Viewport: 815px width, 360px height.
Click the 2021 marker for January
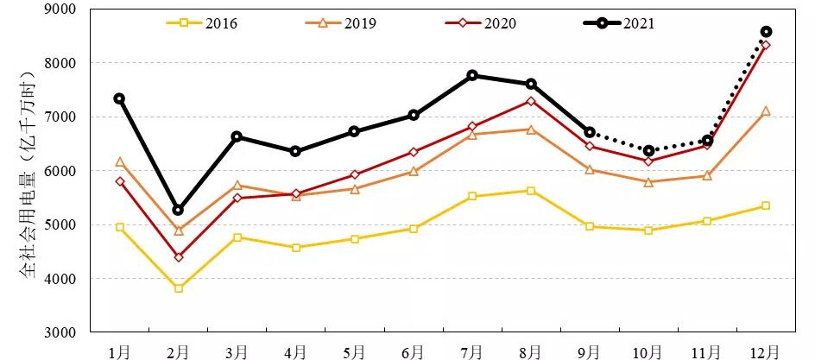tap(119, 98)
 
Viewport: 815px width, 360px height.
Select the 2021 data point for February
tap(178, 210)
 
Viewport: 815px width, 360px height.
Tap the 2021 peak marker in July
tap(472, 75)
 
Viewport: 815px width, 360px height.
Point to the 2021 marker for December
tap(766, 31)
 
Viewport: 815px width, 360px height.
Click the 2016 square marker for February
tap(178, 288)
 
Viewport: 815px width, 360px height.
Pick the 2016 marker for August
tap(531, 191)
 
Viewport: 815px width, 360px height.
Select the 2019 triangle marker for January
tap(119, 161)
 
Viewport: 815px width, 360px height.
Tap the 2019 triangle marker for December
tap(766, 111)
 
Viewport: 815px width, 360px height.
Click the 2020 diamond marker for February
tap(178, 257)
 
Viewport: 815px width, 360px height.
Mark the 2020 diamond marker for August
tap(531, 101)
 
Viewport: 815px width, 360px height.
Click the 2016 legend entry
tap(202, 23)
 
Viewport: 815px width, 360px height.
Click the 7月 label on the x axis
tap(472, 351)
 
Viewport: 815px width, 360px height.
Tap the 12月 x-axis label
tap(766, 351)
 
